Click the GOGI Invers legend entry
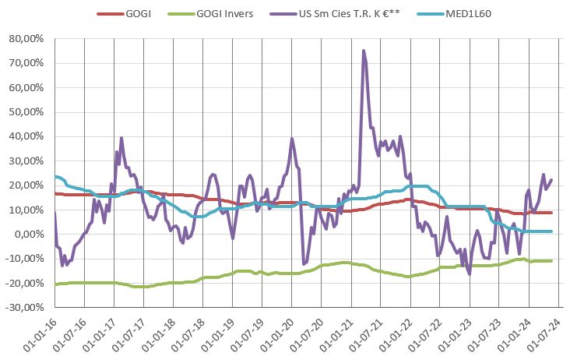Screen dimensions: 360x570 227,14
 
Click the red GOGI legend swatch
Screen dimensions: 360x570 110,14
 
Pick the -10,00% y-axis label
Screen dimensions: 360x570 26,259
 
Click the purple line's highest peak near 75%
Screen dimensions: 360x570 363,51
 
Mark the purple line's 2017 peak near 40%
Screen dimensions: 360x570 121,138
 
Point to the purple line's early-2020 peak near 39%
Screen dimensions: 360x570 292,139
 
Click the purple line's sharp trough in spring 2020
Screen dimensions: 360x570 303,263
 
